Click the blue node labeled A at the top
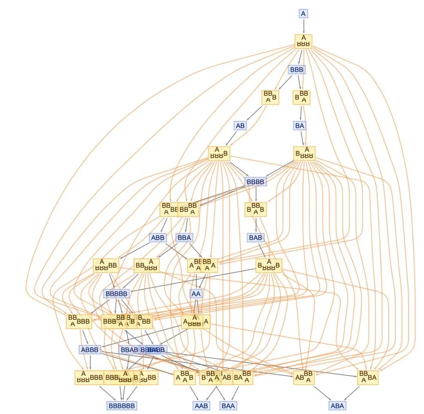pos(303,14)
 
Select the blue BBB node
pos(296,69)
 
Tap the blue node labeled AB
pos(240,126)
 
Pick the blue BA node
pos(300,126)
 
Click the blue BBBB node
pos(256,181)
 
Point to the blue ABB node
pos(157,237)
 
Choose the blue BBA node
pos(184,237)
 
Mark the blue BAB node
pos(256,237)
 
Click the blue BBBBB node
pos(116,294)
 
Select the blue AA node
pos(196,294)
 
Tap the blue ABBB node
pos(90,350)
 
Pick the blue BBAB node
pos(129,350)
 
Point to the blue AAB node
pos(200,405)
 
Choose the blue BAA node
pos(229,405)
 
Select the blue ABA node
pos(337,405)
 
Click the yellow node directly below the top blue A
pos(303,41)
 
